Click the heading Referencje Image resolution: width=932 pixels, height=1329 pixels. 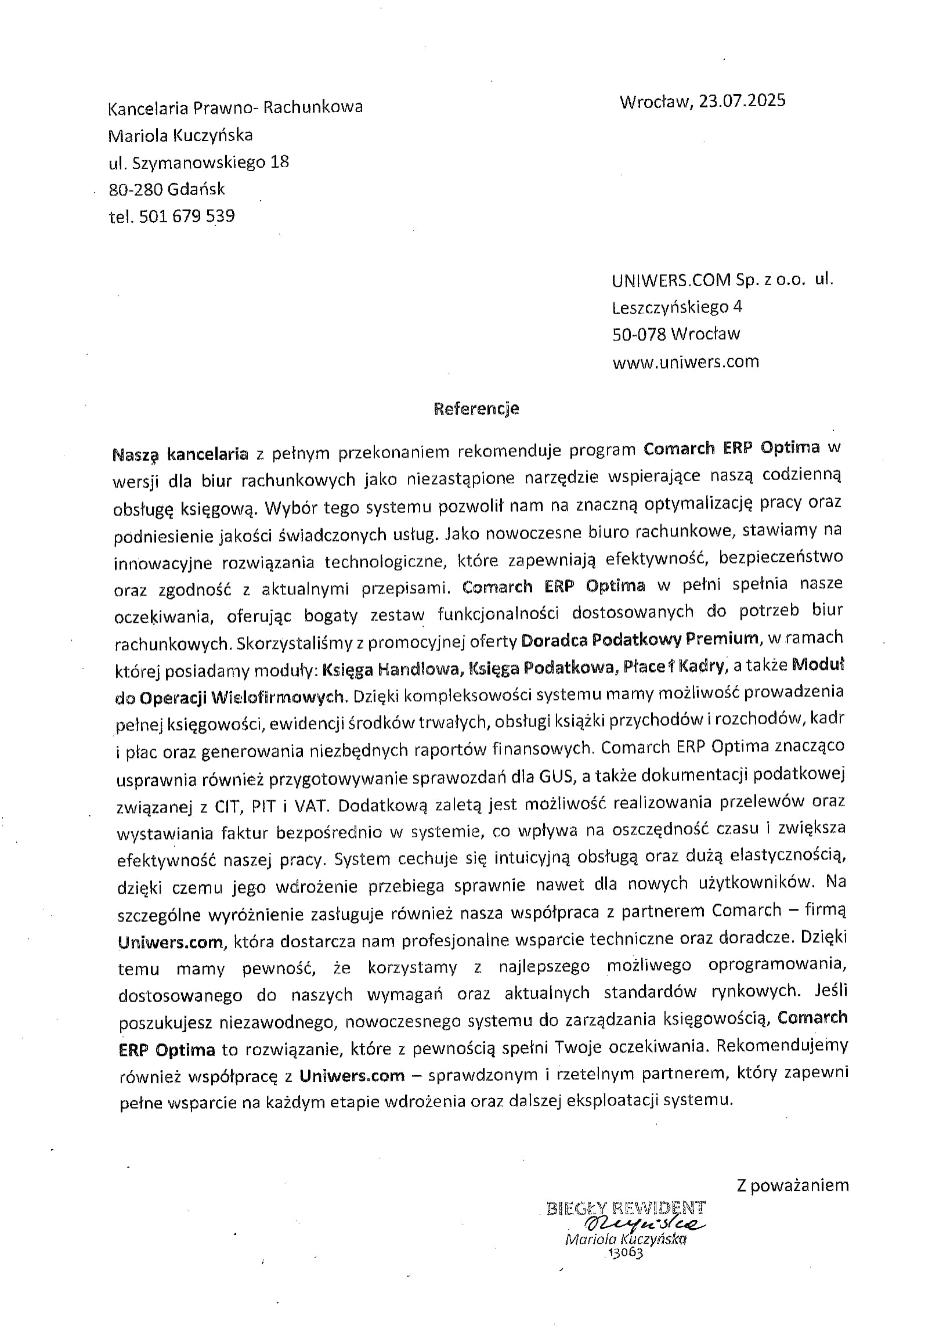coord(476,409)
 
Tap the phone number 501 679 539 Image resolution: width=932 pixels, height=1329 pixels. coord(187,216)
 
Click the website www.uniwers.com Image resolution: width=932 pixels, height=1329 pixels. coord(685,362)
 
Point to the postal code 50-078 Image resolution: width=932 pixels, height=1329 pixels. coord(639,334)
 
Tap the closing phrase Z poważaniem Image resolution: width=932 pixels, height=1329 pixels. coord(792,1184)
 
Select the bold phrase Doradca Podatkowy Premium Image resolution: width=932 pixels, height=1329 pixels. coord(640,639)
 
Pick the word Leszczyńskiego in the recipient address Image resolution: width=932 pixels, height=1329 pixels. coord(670,307)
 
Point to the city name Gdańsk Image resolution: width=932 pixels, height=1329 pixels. coord(198,189)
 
